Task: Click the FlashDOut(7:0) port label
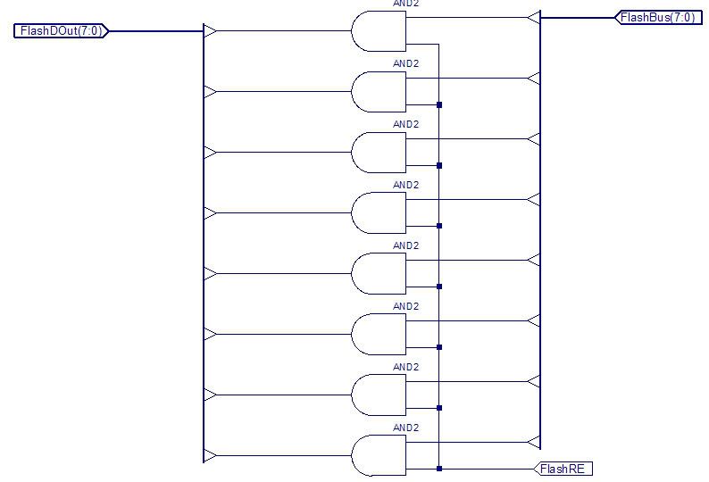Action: click(x=61, y=31)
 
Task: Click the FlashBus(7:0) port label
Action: click(x=656, y=17)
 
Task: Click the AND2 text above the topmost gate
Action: click(x=405, y=4)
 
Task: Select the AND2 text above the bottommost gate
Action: click(x=405, y=428)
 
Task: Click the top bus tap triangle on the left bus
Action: click(x=210, y=31)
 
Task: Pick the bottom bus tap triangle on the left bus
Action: click(x=210, y=456)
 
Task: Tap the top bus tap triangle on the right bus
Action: click(x=534, y=17)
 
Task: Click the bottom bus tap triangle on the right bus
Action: click(x=534, y=442)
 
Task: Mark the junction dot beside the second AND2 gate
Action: click(x=439, y=104)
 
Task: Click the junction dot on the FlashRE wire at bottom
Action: click(x=439, y=469)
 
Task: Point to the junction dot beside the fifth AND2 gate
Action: click(x=439, y=287)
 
